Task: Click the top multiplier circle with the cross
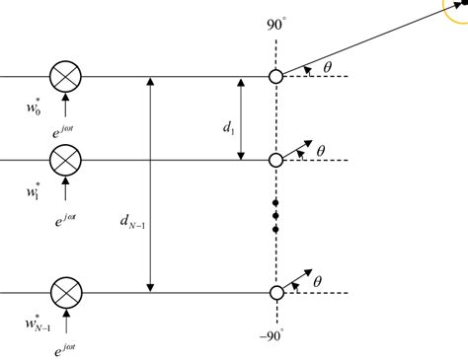66,75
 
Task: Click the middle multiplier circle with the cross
66,159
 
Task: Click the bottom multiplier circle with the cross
66,292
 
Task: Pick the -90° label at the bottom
273,336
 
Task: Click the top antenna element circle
275,75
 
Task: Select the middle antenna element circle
275,159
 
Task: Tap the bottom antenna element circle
275,292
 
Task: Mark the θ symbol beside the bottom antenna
319,281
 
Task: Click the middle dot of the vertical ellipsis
275,216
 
